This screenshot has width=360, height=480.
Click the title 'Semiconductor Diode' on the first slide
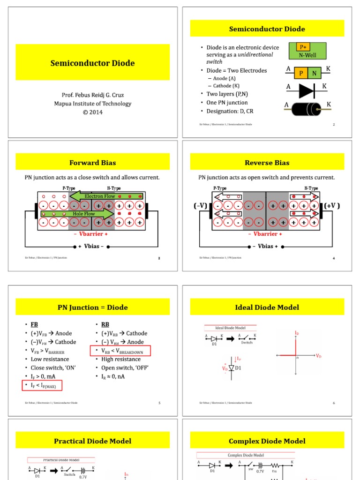click(92, 63)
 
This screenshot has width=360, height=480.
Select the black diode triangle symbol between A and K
click(307, 90)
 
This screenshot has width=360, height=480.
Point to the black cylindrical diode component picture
click(307, 109)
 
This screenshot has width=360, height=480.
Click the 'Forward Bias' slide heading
click(92, 163)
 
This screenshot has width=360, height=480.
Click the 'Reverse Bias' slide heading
click(267, 163)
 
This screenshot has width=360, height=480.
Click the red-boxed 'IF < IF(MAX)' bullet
click(42, 385)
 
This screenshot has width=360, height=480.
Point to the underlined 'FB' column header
click(35, 324)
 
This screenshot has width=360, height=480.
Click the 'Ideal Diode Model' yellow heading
click(267, 307)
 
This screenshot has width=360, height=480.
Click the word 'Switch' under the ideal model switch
click(247, 343)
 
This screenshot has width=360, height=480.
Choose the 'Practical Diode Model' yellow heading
click(92, 441)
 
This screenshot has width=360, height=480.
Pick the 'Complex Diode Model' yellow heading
click(267, 441)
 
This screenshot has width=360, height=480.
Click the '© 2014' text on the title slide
click(92, 112)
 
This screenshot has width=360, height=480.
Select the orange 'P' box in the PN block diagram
click(301, 73)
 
